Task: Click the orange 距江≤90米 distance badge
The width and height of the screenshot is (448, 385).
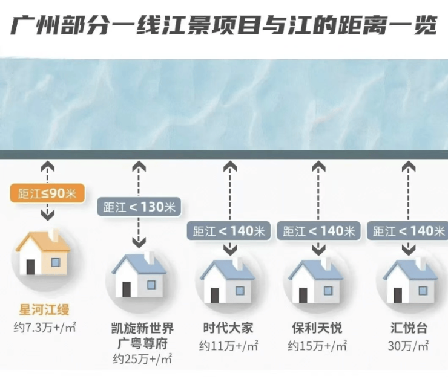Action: (x=47, y=193)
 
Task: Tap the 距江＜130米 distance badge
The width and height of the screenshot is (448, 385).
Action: (x=139, y=207)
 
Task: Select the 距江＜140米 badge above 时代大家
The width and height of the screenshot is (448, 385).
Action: (x=229, y=230)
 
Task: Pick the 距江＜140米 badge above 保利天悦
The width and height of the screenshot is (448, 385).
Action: (x=318, y=230)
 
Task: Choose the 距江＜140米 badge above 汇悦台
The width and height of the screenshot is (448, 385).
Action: (x=407, y=230)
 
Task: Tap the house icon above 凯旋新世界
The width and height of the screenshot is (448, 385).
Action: (x=139, y=275)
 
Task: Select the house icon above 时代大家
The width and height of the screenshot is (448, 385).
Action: (x=228, y=281)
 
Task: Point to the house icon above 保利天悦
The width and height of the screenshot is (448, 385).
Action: (x=315, y=281)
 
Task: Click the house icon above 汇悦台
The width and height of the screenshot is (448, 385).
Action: (x=410, y=281)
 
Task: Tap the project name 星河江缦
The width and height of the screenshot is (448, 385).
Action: (x=44, y=310)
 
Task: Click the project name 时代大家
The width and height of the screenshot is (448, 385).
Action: (x=228, y=328)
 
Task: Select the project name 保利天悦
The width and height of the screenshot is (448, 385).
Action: (x=317, y=328)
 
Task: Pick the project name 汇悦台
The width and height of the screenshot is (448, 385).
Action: (x=409, y=328)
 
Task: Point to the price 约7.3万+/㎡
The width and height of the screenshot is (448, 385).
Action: (x=45, y=328)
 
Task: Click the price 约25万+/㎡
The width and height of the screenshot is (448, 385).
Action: (x=142, y=358)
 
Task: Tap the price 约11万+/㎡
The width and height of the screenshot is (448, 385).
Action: (x=229, y=346)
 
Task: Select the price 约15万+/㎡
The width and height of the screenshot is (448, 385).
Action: (x=317, y=346)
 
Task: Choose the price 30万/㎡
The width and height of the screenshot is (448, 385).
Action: (x=408, y=346)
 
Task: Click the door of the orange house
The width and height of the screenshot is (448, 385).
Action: (x=30, y=267)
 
